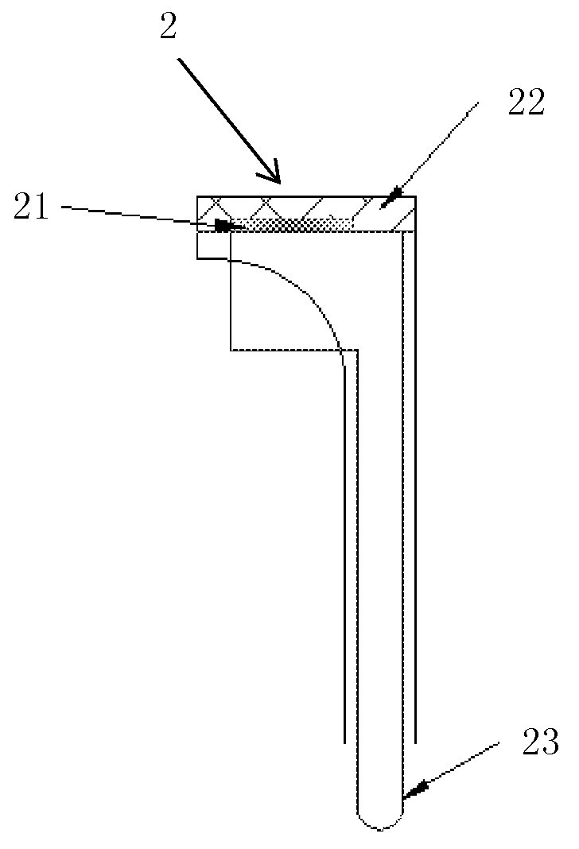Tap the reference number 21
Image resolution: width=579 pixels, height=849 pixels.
[x=31, y=207]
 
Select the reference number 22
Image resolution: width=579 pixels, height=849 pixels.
[x=526, y=103]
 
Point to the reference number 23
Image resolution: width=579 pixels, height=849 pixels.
[x=540, y=742]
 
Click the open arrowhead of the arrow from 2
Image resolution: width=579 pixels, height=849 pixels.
[x=274, y=173]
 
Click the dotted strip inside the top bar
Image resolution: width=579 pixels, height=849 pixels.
[x=293, y=224]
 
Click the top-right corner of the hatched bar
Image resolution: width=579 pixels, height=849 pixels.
[x=415, y=196]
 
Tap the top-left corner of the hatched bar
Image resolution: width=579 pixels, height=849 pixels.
[x=197, y=196]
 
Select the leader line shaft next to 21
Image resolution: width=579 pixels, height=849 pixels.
[x=140, y=215]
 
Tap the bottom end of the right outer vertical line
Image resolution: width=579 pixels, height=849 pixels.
[x=415, y=742]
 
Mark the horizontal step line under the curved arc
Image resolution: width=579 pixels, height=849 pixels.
[x=294, y=351]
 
